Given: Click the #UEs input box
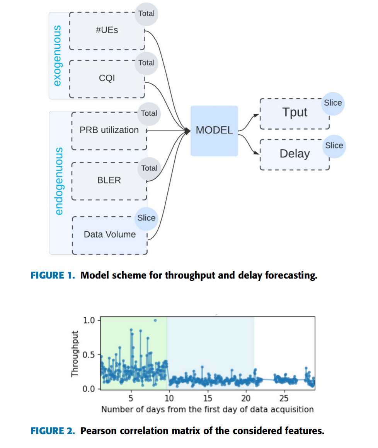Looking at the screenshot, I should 107,31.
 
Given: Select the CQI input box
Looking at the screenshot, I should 107,79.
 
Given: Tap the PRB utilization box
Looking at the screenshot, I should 109,130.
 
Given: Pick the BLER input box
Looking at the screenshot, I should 109,180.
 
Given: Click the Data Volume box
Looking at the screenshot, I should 110,235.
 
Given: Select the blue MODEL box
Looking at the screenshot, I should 214,131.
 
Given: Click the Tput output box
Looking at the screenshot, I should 295,113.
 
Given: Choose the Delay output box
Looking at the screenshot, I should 295,154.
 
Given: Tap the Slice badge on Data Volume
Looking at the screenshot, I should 146,218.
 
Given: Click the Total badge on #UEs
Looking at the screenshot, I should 146,14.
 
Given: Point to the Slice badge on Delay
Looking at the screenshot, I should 334,145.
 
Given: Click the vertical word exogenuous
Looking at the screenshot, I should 57,56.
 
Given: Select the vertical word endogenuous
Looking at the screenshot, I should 59,181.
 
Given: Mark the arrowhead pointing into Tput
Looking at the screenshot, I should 257,115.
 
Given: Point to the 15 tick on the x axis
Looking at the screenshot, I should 208,399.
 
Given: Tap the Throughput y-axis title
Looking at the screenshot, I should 75,354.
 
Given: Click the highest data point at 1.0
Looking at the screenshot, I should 155,320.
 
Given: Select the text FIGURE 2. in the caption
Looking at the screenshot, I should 53,431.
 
